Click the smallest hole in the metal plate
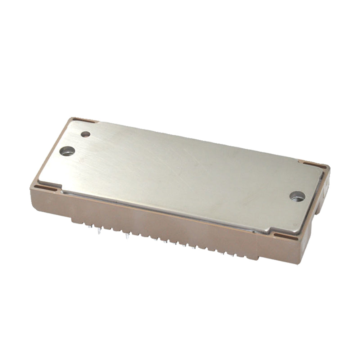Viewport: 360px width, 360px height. [86, 134]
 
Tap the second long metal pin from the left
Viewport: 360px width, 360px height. [128, 236]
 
